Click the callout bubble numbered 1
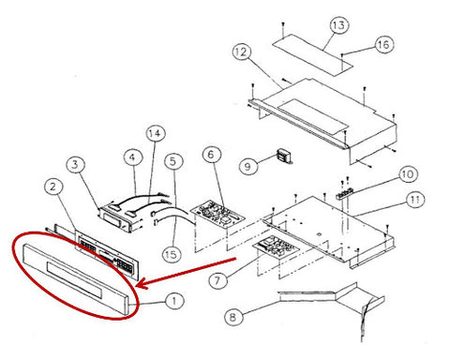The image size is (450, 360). pos(174,301)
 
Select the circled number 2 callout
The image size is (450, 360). pos(53,187)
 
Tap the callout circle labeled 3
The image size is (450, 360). pos(75,164)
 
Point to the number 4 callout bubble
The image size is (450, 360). pos(133,157)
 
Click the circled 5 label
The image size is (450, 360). pos(173,161)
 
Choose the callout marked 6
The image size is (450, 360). pos(212,154)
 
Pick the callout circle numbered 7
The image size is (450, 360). pos(217,280)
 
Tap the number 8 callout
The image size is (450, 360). pos(233,317)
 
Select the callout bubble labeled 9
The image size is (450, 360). pos(248,165)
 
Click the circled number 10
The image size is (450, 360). pos(408,174)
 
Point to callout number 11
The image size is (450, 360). pos(415,199)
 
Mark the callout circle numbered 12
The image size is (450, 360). pos(242,52)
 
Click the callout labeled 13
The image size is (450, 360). pos(339,25)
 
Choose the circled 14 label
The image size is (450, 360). pos(156,133)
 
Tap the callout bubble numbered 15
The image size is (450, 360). pos(172,254)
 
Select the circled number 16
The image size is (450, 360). pos(383,44)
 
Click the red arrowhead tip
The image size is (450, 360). pos(137,286)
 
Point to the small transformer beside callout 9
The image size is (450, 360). pos(284,157)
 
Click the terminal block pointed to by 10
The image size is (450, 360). pos(345,193)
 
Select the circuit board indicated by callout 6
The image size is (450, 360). pos(217,214)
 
